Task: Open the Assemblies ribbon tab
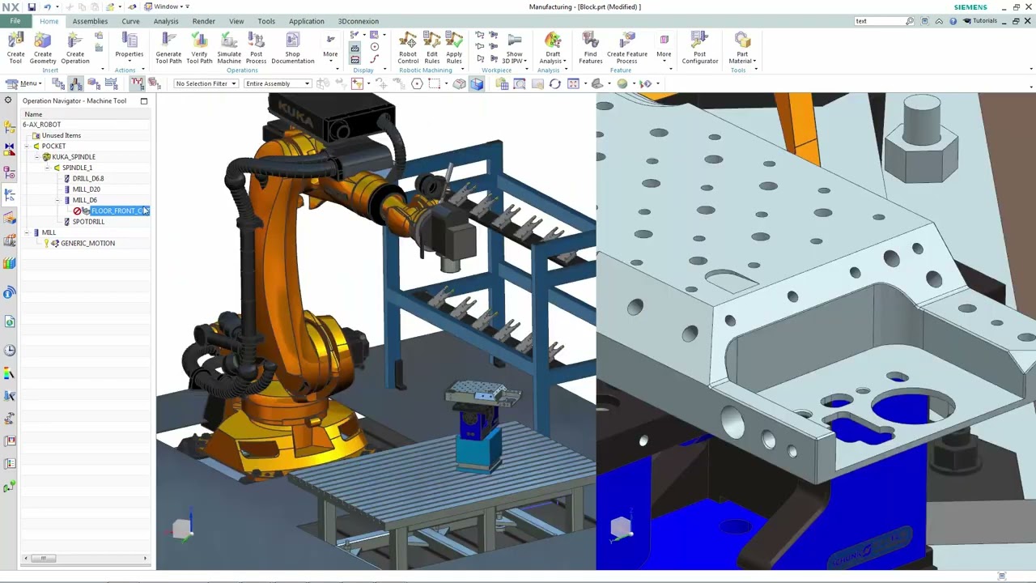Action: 90,21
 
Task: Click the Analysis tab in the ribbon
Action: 166,21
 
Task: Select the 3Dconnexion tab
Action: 358,21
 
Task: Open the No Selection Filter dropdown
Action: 206,83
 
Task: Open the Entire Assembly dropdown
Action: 278,83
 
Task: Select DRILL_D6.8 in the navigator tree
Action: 88,178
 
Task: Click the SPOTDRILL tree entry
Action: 88,222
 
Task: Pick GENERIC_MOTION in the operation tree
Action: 87,243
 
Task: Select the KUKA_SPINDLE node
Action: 74,157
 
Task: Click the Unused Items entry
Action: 62,135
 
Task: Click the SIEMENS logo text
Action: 970,7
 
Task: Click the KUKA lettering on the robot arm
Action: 291,113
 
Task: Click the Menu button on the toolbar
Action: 28,83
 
